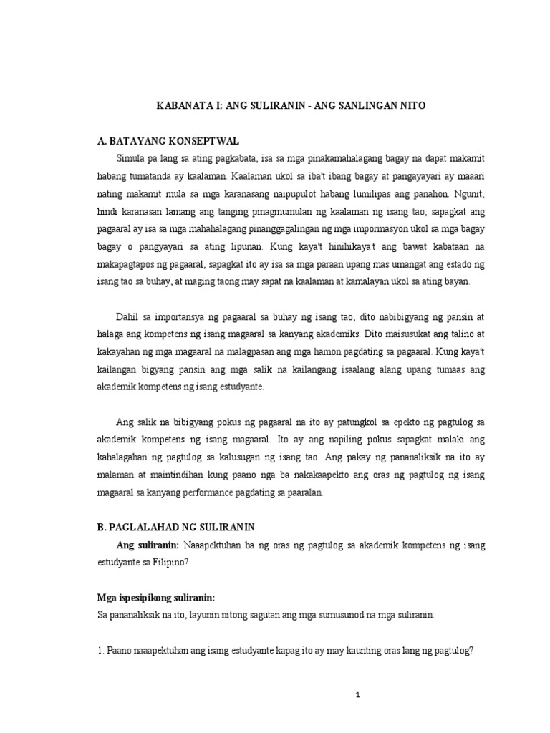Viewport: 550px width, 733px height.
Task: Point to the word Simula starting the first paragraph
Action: pyautogui.click(x=132, y=157)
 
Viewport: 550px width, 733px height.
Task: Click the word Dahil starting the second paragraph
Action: pyautogui.click(x=129, y=317)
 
